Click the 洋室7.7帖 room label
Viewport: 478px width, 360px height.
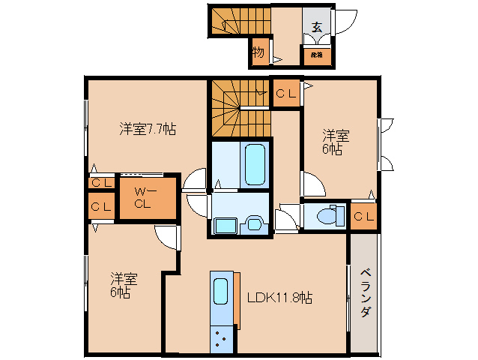coord(148,129)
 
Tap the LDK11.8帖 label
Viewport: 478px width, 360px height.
coord(279,297)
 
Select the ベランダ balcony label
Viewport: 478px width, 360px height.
coord(364,292)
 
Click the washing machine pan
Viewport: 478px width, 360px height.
coord(226,225)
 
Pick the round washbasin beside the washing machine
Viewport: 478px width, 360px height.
coord(254,223)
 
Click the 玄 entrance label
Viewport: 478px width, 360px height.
coord(317,27)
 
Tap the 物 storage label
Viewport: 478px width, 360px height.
coord(258,52)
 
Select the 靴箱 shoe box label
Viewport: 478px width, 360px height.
coord(316,55)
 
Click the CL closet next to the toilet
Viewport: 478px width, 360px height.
coord(364,217)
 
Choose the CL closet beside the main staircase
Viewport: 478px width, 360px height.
coord(285,94)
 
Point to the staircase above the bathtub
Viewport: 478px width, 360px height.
coord(238,107)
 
